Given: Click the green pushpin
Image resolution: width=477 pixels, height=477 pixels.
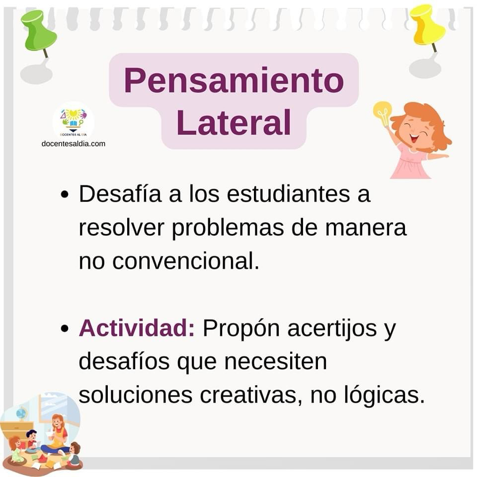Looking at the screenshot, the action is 38,32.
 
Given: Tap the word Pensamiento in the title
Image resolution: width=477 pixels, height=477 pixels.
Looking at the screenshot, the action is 234,80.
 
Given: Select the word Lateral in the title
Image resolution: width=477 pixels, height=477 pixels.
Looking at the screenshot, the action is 234,123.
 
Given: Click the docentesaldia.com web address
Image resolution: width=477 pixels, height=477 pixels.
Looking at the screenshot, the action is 74,144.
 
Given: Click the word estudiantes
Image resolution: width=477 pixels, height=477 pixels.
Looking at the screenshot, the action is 288,193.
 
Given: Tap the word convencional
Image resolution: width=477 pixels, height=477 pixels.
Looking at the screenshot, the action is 185,261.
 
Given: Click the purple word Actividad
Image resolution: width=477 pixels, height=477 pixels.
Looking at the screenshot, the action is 137,328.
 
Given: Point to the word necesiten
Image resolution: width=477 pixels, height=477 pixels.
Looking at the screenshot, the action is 276,361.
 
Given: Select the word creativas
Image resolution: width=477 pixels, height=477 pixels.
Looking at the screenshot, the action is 251,395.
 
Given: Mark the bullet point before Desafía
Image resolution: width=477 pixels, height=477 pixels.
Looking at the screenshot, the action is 65,195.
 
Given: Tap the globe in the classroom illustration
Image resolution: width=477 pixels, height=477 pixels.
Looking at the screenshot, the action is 21,414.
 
